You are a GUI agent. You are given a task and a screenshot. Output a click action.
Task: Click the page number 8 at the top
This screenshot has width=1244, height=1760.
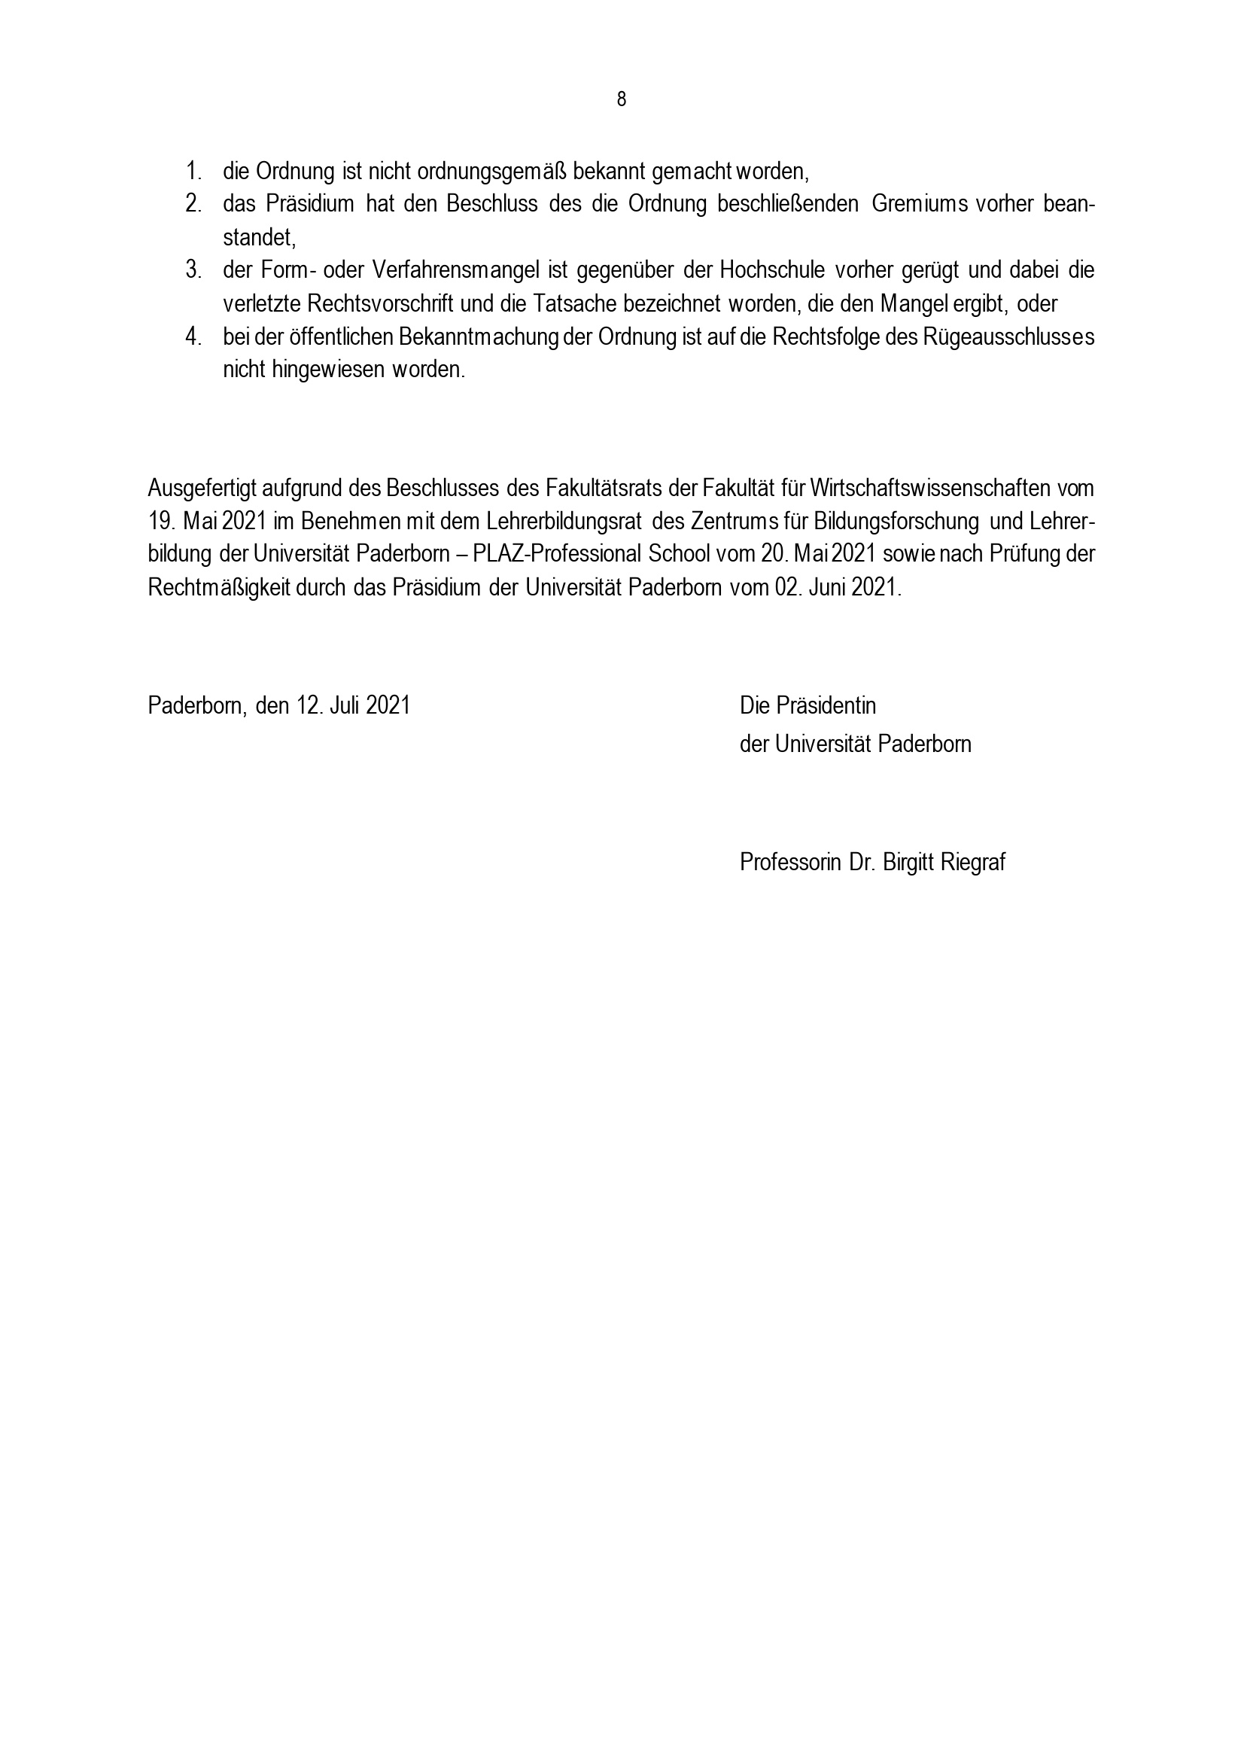click(x=621, y=99)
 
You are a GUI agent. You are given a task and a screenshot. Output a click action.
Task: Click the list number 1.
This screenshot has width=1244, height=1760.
click(x=192, y=170)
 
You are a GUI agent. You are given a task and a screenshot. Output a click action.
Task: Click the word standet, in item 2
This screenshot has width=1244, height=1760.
click(x=259, y=237)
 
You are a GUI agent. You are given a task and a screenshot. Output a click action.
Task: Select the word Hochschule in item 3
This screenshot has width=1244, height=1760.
click(x=771, y=269)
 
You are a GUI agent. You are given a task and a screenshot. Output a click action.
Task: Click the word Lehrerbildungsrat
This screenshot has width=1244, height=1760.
click(x=565, y=521)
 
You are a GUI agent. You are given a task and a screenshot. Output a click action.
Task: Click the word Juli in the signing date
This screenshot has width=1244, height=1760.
click(x=345, y=705)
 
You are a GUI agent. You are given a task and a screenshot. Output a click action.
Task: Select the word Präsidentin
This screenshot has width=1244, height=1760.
click(x=826, y=705)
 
